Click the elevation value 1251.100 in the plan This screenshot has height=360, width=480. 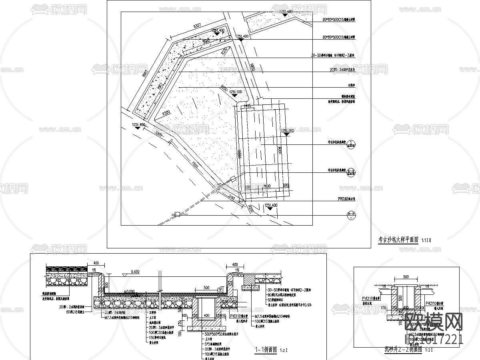click(x=236, y=92)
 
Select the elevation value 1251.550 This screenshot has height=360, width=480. click(x=288, y=131)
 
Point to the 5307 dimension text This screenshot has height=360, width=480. click(x=197, y=26)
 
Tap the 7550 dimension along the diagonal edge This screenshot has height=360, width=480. click(x=195, y=164)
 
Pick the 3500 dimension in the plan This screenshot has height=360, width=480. click(x=267, y=186)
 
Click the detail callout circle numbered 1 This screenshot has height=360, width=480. click(x=351, y=144)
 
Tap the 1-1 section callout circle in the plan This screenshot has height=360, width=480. click(x=351, y=171)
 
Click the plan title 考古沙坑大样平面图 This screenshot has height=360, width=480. click(x=398, y=240)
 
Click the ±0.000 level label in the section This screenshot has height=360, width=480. click(x=129, y=291)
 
